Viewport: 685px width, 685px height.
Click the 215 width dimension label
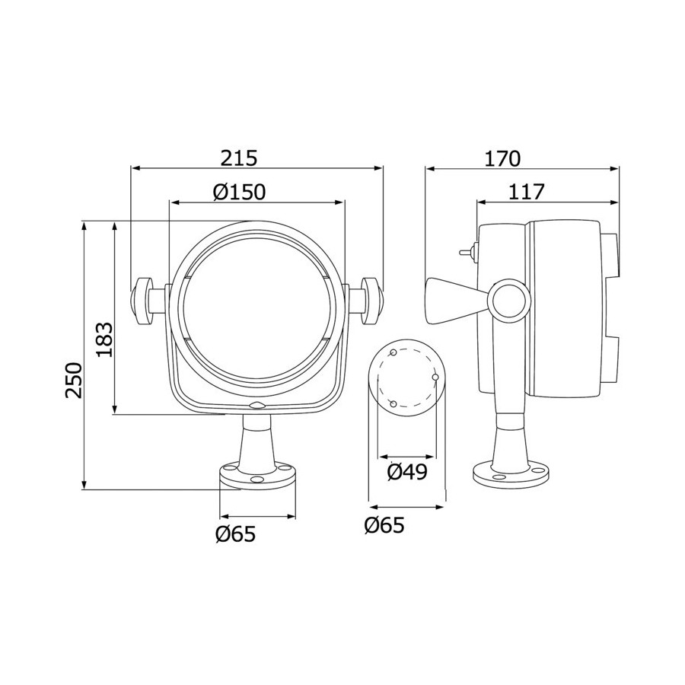tap(239, 158)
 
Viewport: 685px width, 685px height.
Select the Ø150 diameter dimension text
tap(240, 192)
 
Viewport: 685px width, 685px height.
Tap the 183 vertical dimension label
tap(104, 340)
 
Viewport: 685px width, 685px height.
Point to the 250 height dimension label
tap(74, 379)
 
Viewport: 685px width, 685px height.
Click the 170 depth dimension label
tap(502, 158)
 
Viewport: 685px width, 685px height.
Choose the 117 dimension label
tap(527, 192)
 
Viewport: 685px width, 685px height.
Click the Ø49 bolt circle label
tap(407, 472)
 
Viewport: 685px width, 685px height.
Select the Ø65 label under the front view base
tap(235, 534)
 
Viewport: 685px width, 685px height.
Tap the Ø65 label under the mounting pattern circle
tap(384, 525)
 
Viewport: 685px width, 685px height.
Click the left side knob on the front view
tap(142, 301)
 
